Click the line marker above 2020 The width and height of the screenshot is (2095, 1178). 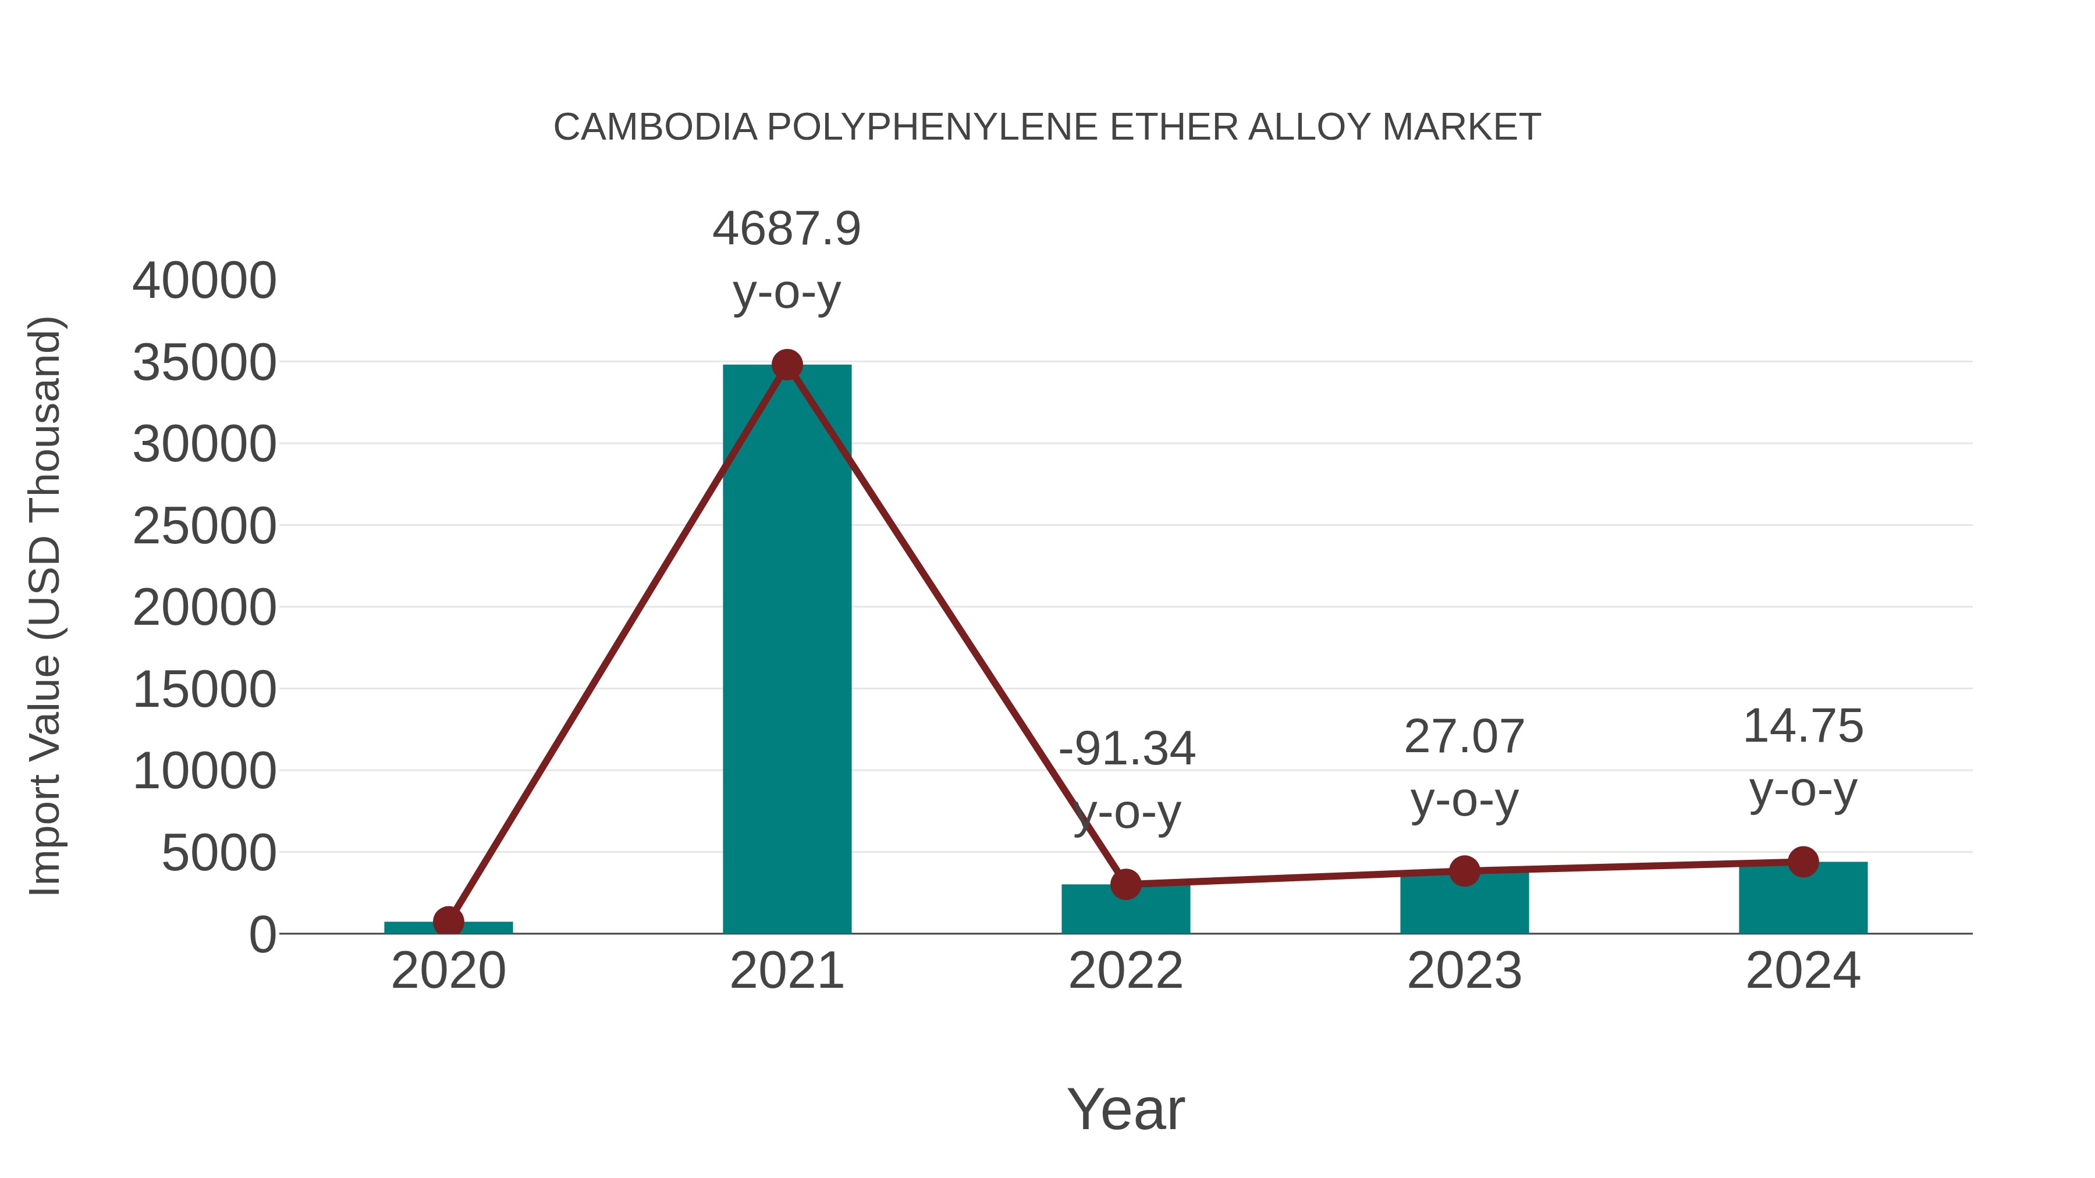tap(448, 922)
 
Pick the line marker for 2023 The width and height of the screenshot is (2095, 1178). tap(1464, 871)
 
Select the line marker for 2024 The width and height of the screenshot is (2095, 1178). tap(1803, 862)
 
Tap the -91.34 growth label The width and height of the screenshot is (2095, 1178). tap(1127, 749)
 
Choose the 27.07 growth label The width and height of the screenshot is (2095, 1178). tap(1464, 738)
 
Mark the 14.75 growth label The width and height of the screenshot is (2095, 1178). tap(1803, 726)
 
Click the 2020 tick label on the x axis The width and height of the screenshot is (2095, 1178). tap(448, 971)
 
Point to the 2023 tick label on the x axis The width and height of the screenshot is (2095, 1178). tap(1464, 971)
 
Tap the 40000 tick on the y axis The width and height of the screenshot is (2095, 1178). tap(204, 282)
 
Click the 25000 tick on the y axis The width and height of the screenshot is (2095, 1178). tap(204, 527)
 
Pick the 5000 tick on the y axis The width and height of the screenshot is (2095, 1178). tap(219, 853)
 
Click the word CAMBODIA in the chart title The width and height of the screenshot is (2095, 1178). tap(655, 127)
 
